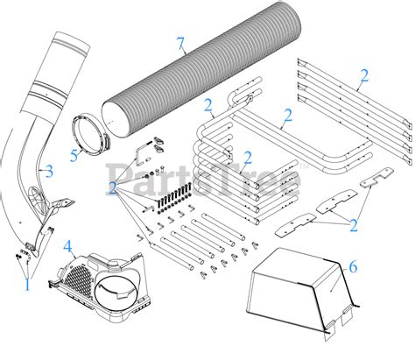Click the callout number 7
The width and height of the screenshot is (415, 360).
coord(181,43)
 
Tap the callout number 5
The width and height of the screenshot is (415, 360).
coord(74,155)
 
